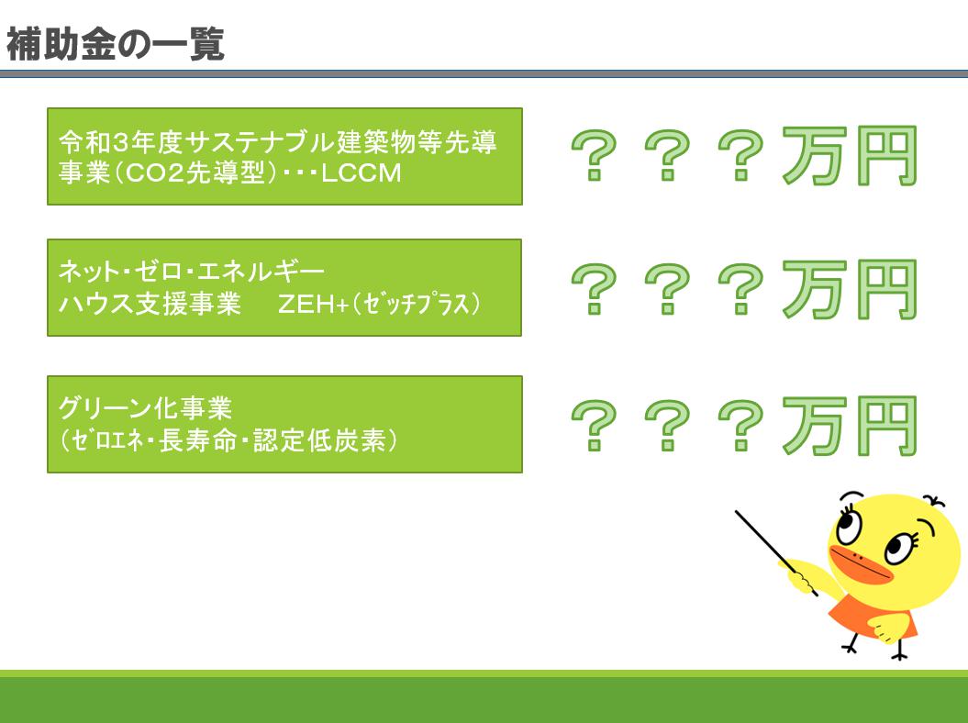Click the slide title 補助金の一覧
click(x=115, y=44)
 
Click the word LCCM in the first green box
click(x=362, y=172)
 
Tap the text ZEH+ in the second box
click(x=314, y=304)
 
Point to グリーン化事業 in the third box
click(x=145, y=408)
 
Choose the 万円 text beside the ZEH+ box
click(x=850, y=289)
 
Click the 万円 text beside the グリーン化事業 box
click(x=850, y=426)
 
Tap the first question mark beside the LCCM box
click(x=595, y=155)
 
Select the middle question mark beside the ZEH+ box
click(x=667, y=289)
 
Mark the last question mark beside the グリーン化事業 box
click(x=740, y=426)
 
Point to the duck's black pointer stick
click(x=776, y=552)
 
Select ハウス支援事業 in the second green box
click(x=150, y=304)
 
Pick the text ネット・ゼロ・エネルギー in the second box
click(x=192, y=271)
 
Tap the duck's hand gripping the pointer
click(x=799, y=578)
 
